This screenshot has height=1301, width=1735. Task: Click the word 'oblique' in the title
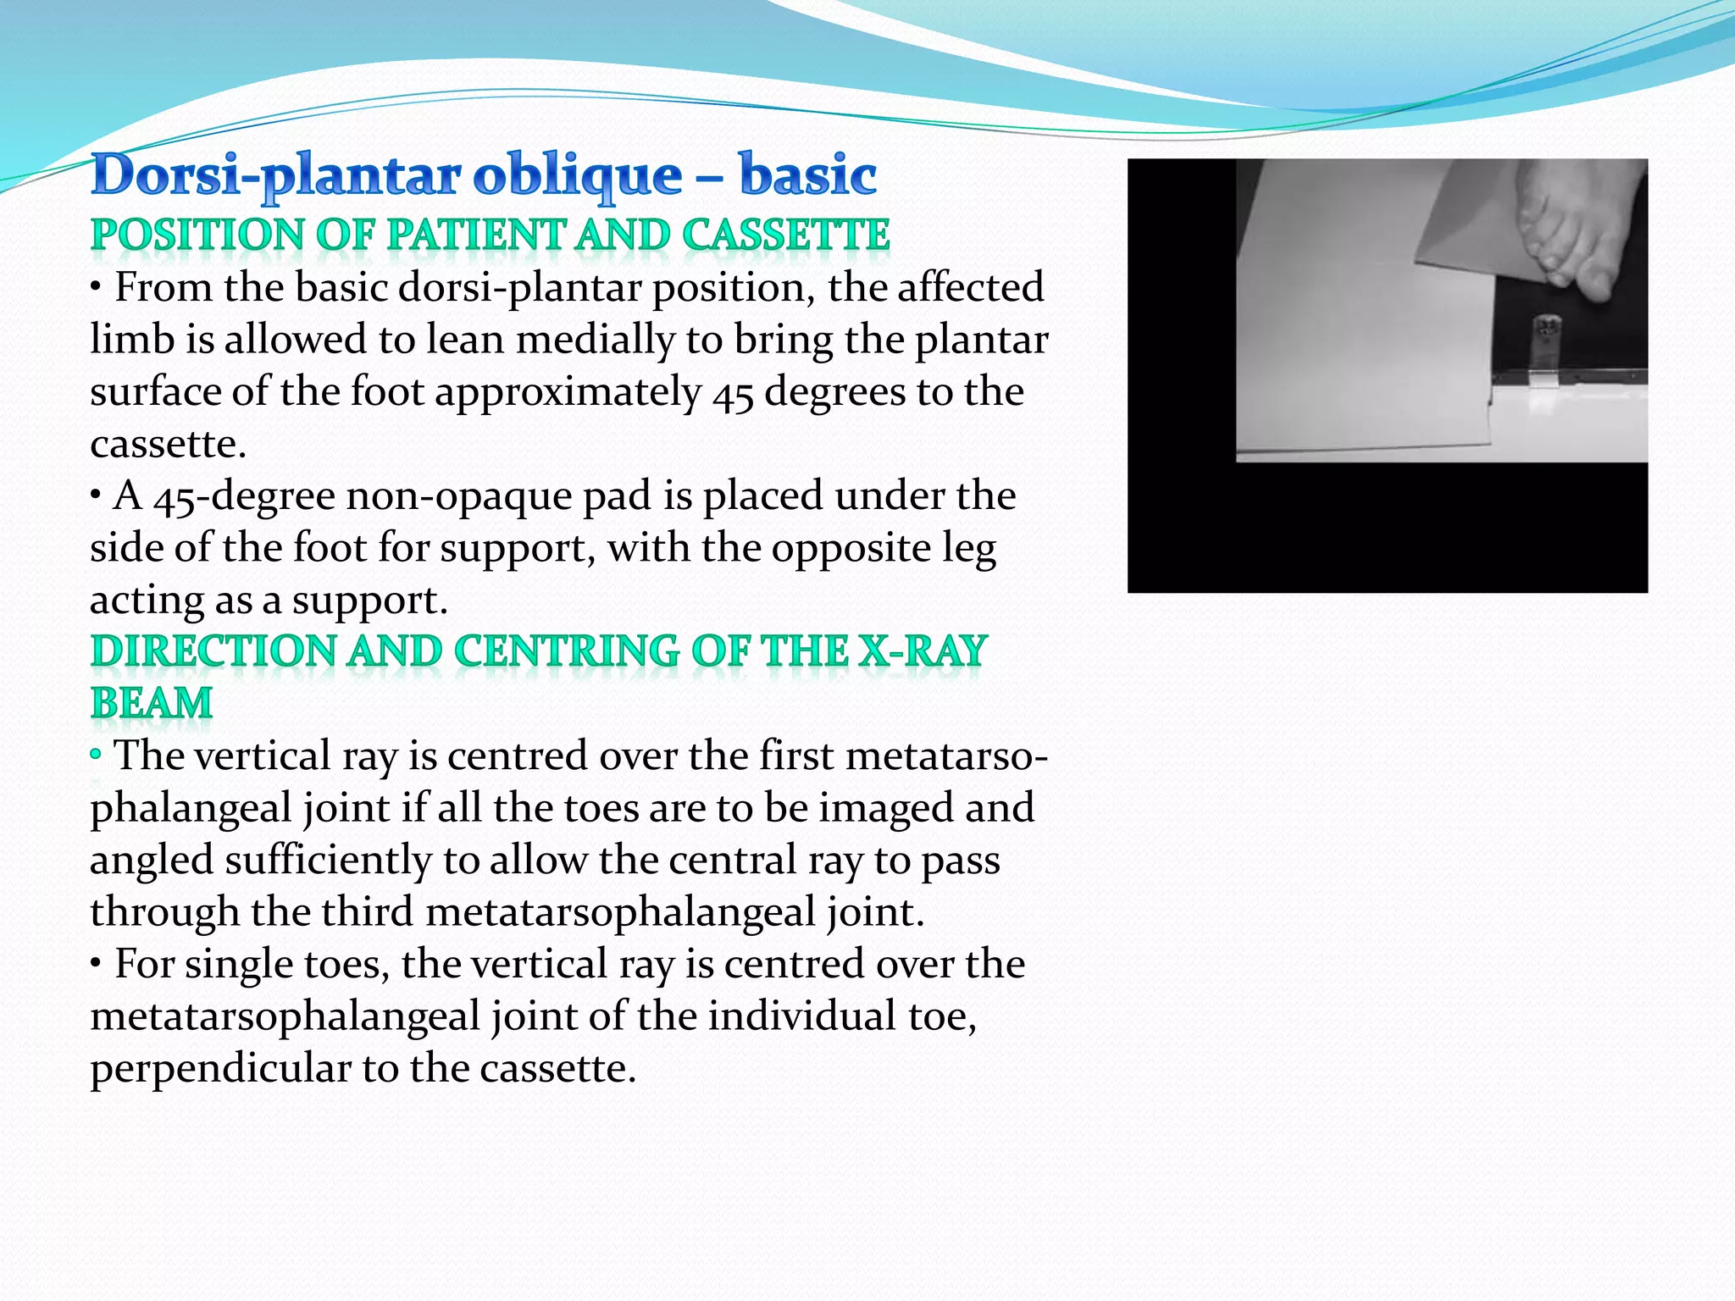[x=577, y=175]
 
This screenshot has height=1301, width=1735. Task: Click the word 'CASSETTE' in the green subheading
[x=785, y=235]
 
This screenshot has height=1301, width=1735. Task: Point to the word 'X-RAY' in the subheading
[x=923, y=651]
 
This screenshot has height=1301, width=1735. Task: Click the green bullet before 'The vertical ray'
[x=96, y=753]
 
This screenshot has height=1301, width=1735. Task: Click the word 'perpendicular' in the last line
[x=219, y=1068]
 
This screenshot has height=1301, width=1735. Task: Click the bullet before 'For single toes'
[x=97, y=964]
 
